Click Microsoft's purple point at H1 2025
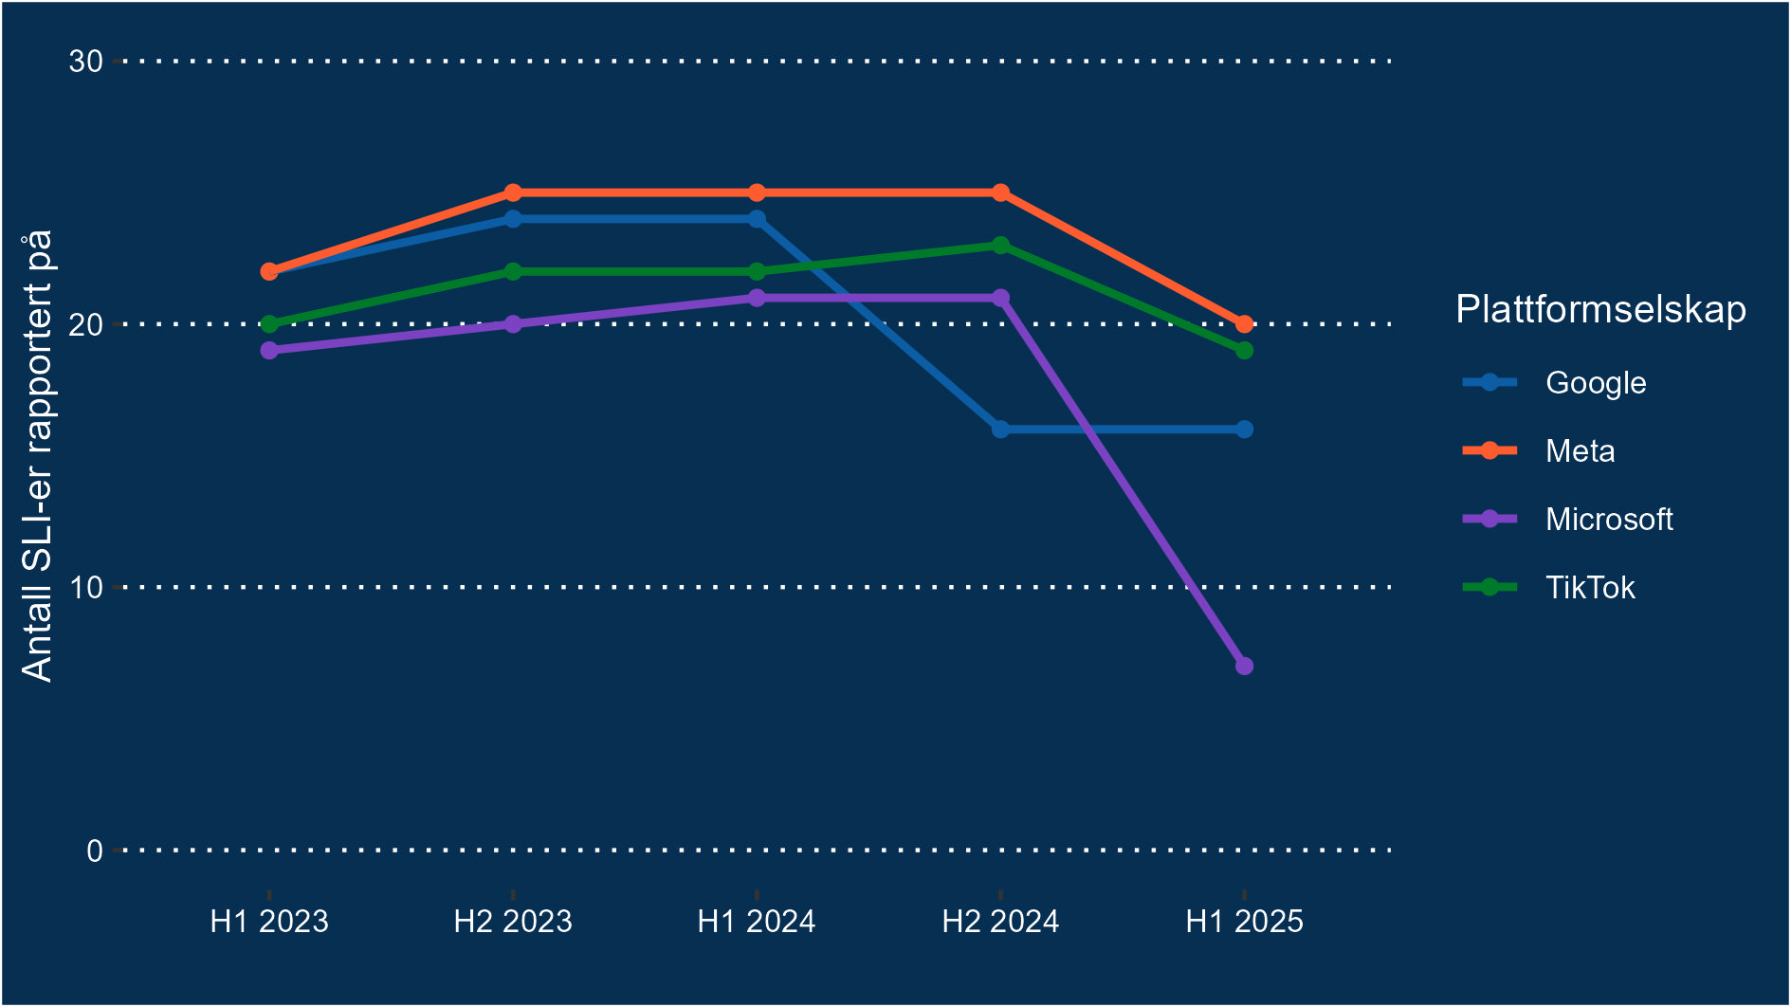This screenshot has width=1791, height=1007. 1244,666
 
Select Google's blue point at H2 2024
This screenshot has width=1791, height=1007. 1000,430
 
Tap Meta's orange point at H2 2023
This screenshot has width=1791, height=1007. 513,192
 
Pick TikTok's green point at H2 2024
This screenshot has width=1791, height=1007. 1000,246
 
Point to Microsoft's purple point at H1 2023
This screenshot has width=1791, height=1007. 269,350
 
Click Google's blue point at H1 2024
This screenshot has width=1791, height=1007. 757,219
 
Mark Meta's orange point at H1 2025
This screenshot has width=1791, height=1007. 1244,324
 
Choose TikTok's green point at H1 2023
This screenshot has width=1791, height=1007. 269,324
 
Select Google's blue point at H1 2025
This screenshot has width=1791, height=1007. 1244,430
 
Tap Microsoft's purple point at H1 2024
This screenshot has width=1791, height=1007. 757,298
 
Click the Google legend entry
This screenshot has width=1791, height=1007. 1595,383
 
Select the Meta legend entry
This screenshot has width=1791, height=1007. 1580,451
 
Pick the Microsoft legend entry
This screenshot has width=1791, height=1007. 1608,520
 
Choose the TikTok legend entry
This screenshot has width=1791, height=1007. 1589,588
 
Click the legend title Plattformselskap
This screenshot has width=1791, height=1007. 1600,310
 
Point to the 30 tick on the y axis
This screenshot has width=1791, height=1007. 85,62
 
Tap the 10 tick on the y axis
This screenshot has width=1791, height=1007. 85,587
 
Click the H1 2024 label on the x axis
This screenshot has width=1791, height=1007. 757,922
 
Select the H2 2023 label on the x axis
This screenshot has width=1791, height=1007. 513,922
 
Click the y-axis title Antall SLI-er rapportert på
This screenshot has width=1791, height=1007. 38,455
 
